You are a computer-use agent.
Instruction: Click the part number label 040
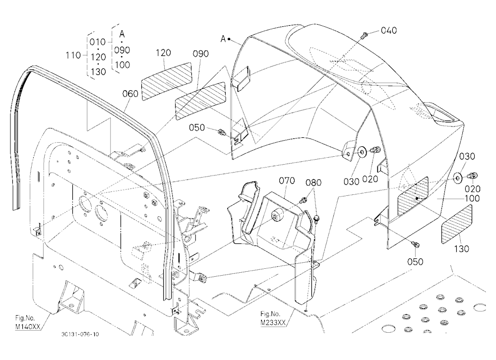click(389, 30)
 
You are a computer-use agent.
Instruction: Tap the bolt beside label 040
click(364, 35)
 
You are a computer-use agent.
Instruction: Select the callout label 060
click(130, 94)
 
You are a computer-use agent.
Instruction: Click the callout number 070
click(287, 180)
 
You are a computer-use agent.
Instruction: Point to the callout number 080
click(313, 182)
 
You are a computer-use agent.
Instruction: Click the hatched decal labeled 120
click(166, 81)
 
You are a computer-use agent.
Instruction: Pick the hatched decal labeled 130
click(456, 224)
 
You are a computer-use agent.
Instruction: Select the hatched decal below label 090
click(200, 101)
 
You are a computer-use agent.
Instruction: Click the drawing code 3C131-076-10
click(80, 334)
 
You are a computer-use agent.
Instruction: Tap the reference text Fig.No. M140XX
click(28, 322)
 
